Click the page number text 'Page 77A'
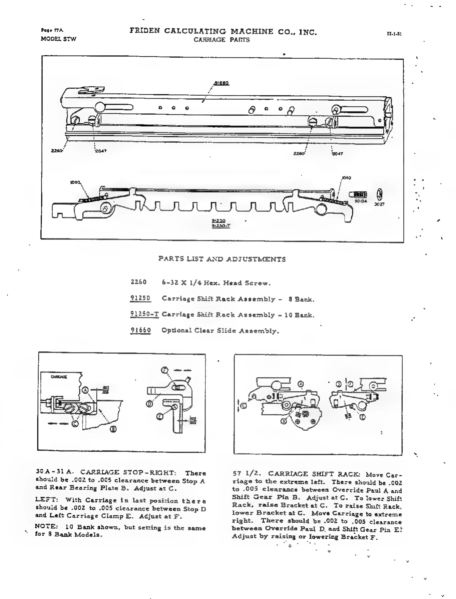pyautogui.click(x=52, y=30)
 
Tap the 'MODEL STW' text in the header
pyautogui.click(x=58, y=39)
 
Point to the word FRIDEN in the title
pyautogui.click(x=144, y=31)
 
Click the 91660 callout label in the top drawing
pyautogui.click(x=222, y=83)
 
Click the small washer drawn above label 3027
pyautogui.click(x=379, y=195)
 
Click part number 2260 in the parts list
pyautogui.click(x=138, y=282)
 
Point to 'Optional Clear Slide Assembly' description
pyautogui.click(x=220, y=331)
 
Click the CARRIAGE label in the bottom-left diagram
pyautogui.click(x=59, y=377)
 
